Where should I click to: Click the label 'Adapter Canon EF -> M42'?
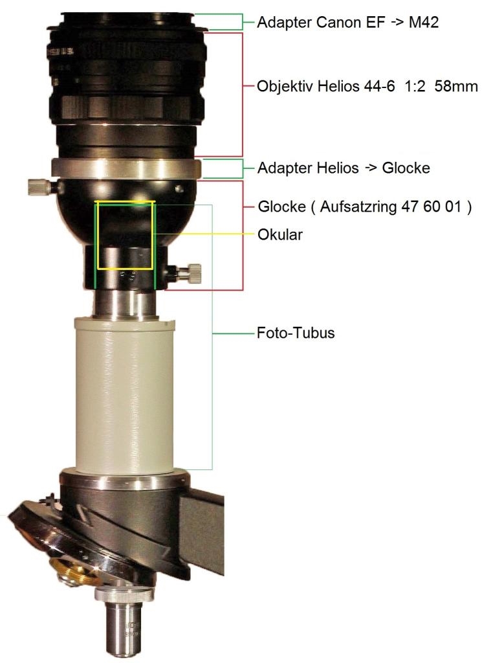347,22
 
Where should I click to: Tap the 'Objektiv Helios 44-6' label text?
325,86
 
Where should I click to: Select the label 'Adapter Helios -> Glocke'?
344,168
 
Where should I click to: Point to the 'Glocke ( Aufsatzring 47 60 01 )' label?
364,207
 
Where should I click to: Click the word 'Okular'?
280,234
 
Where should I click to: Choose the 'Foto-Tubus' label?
296,333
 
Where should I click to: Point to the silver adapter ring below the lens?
126,168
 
